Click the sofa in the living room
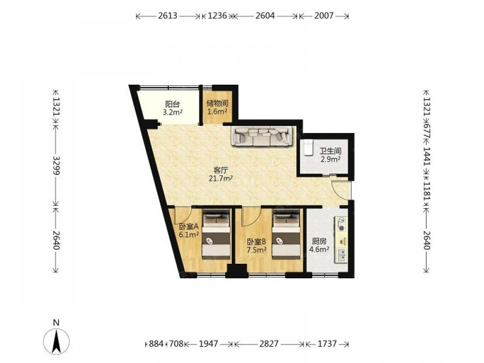262,136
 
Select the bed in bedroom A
216,234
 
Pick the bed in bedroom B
286,234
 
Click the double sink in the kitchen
341,255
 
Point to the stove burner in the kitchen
341,225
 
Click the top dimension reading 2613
167,15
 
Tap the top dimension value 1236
217,15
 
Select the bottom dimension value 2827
269,344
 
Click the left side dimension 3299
56,166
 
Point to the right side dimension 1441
426,156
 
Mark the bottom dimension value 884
156,344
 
